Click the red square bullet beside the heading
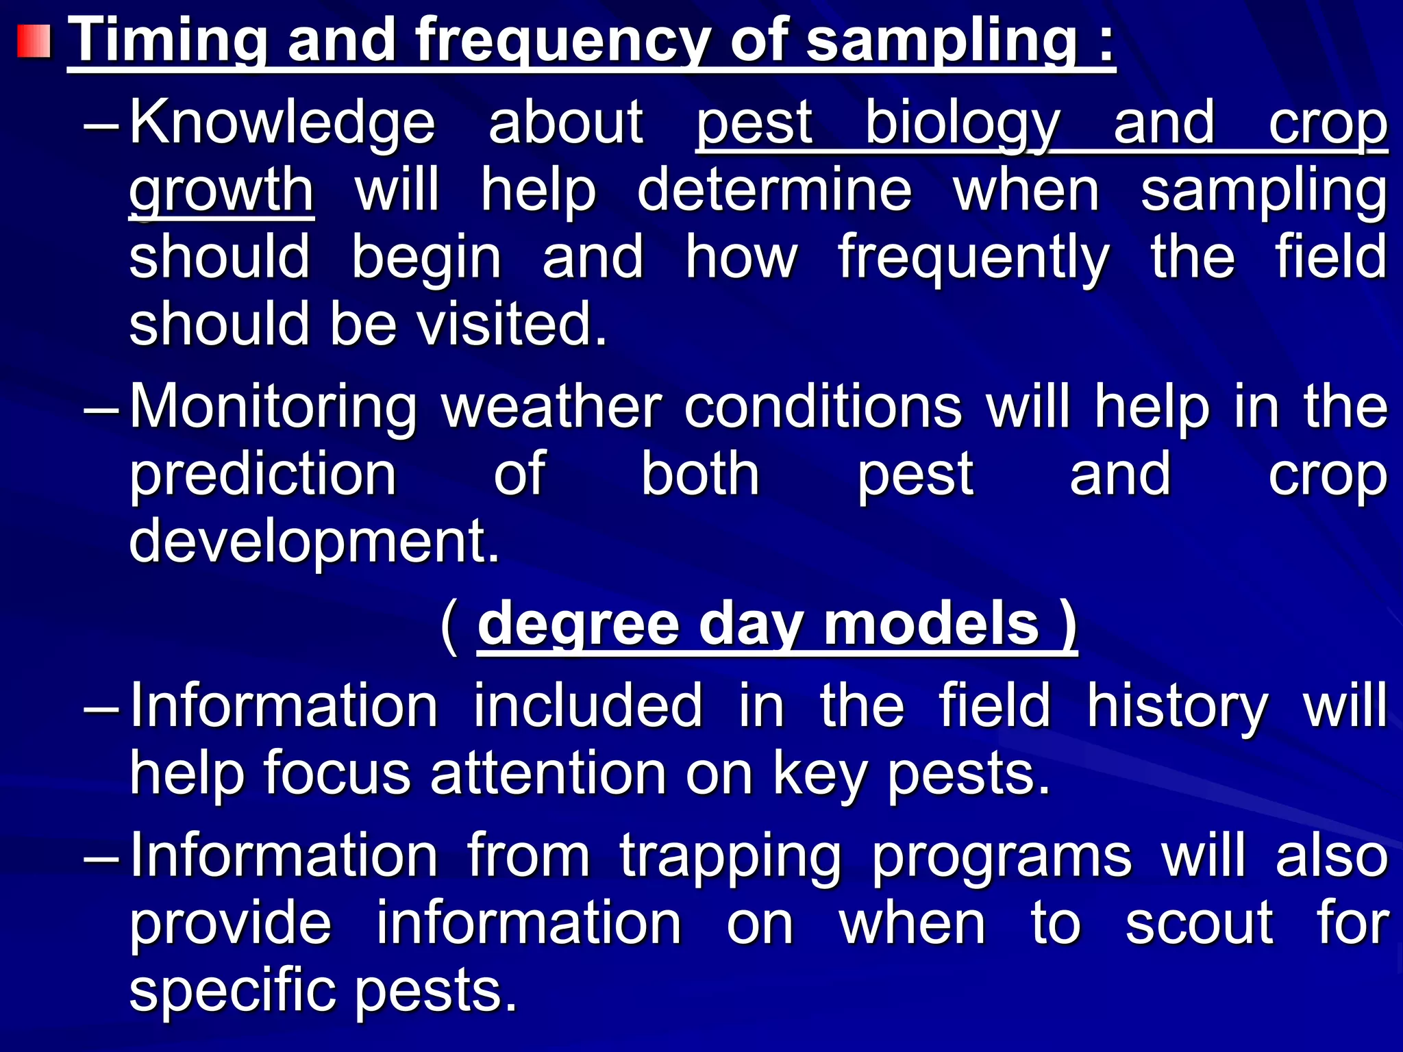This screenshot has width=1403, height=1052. click(34, 41)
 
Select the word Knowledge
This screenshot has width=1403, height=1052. click(282, 123)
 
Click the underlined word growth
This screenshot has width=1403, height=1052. click(221, 192)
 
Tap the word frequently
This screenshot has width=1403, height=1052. click(973, 259)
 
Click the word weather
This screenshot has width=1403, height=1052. click(551, 408)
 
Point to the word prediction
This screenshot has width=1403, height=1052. click(263, 475)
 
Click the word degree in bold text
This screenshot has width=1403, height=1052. click(578, 625)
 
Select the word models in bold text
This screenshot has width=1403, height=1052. click(932, 624)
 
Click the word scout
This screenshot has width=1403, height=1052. click(1199, 924)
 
